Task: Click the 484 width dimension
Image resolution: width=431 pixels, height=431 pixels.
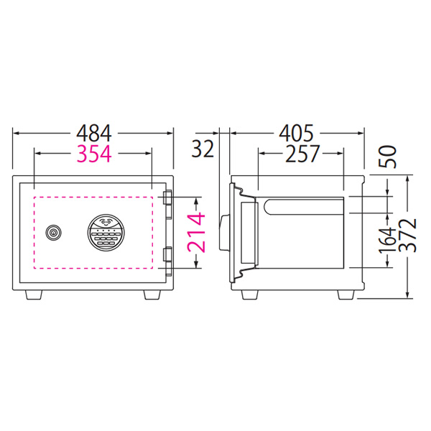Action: click(94, 134)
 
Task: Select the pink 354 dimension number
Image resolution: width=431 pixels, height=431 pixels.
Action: click(94, 154)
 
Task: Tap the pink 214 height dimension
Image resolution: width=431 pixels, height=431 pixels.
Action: click(197, 232)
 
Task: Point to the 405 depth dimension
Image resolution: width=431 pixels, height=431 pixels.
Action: click(296, 134)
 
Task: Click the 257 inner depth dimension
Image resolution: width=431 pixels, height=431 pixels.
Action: click(302, 154)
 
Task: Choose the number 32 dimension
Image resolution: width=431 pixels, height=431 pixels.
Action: click(203, 149)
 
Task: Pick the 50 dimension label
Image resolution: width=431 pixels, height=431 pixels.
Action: click(388, 157)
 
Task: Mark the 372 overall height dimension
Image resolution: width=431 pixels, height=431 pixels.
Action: click(407, 236)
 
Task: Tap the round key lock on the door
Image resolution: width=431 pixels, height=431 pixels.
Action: click(53, 233)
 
